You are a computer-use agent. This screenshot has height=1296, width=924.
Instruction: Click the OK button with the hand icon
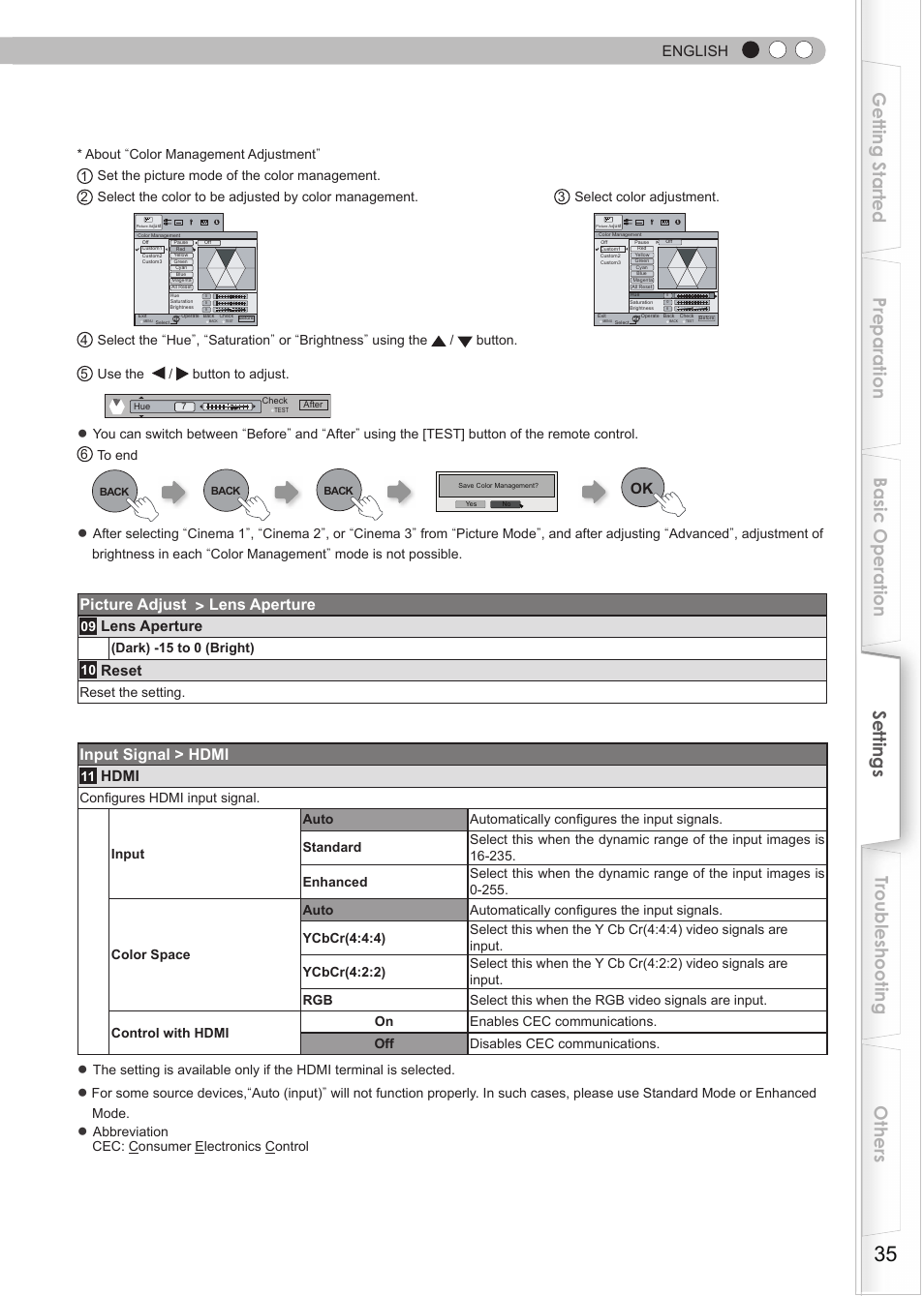pyautogui.click(x=643, y=489)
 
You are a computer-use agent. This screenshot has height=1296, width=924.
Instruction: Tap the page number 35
pyautogui.click(x=884, y=1253)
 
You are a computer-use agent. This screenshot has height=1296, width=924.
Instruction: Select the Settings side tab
pyautogui.click(x=879, y=743)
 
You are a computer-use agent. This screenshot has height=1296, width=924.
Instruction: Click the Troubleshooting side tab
pyautogui.click(x=879, y=945)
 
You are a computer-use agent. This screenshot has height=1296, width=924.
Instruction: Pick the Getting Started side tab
pyautogui.click(x=879, y=158)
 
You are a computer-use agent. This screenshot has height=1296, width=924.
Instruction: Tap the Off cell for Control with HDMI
pyautogui.click(x=384, y=1043)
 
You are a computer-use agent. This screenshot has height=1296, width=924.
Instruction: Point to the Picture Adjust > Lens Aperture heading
pyautogui.click(x=198, y=605)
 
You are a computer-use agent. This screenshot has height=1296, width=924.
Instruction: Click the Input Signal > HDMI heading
pyautogui.click(x=154, y=755)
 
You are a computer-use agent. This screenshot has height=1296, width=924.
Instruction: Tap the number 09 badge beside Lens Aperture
pyautogui.click(x=88, y=627)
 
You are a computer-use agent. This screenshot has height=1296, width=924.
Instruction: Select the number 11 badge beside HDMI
pyautogui.click(x=88, y=776)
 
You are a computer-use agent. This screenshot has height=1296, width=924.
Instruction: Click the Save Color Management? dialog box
pyautogui.click(x=497, y=491)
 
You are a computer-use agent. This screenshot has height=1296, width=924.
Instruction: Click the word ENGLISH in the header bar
pyautogui.click(x=694, y=51)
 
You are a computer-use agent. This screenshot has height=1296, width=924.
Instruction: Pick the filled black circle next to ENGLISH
pyautogui.click(x=751, y=50)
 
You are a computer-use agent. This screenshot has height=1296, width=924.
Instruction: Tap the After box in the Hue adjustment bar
pyautogui.click(x=313, y=405)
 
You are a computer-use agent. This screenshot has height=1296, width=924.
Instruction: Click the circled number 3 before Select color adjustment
pyautogui.click(x=562, y=197)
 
